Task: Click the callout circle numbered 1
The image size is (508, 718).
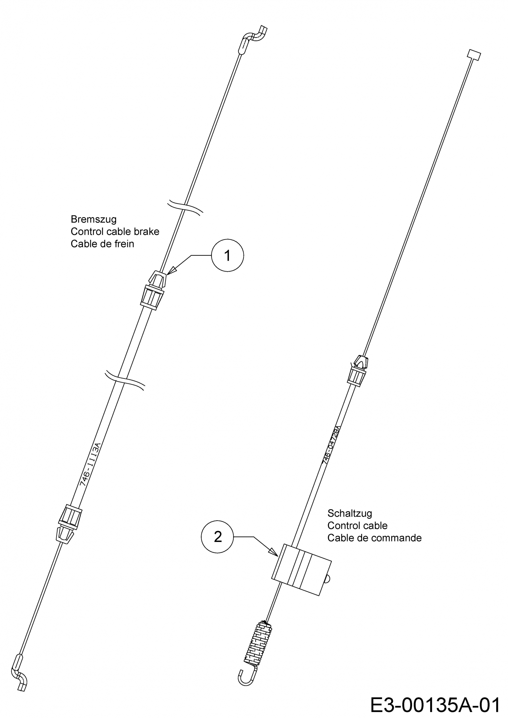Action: tap(227, 255)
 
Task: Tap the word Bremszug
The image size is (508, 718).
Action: tap(94, 219)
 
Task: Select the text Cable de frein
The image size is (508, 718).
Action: tap(102, 244)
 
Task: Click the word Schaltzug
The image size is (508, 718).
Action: tap(350, 513)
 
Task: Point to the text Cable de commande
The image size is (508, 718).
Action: tap(374, 538)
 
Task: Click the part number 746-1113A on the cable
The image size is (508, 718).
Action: tap(91, 464)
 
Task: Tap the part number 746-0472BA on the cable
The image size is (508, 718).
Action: tap(331, 444)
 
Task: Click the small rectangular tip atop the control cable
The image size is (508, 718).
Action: tap(474, 55)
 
